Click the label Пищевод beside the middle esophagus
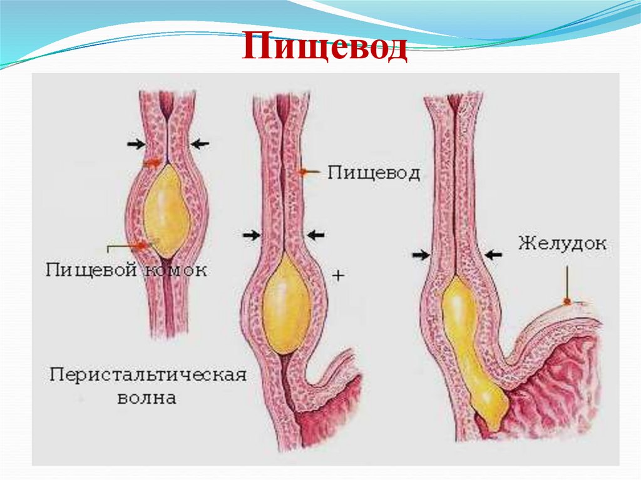tap(373, 173)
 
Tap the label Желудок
tap(562, 243)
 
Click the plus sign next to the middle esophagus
tap(338, 275)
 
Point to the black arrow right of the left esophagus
tap(200, 144)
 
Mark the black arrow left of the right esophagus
tap(421, 255)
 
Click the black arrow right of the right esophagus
tap(494, 255)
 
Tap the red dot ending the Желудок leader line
tap(567, 302)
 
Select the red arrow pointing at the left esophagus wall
tap(151, 163)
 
